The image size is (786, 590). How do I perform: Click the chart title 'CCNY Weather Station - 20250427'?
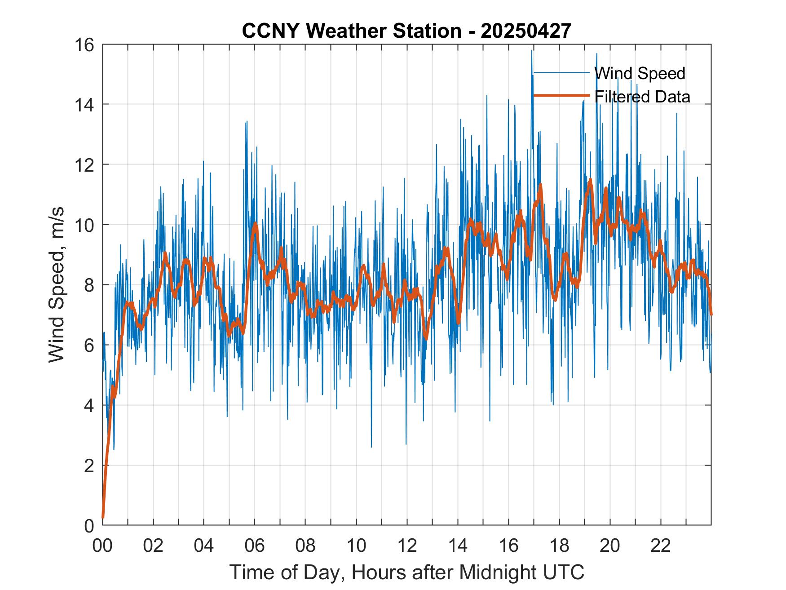[x=406, y=31]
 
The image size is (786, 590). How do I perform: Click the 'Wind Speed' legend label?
[x=640, y=73]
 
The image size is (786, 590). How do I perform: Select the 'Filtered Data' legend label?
[x=642, y=97]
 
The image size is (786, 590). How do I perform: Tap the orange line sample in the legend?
[x=561, y=95]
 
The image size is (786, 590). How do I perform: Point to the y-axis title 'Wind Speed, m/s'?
[x=57, y=284]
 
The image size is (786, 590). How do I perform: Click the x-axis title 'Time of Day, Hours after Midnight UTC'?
[x=407, y=572]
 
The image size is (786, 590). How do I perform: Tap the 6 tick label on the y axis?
[x=89, y=345]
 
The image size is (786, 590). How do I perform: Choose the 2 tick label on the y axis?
[x=89, y=466]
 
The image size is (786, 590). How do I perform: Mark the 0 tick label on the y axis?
[x=89, y=525]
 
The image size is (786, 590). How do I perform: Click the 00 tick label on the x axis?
[x=102, y=546]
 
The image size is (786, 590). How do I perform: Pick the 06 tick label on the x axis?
[x=255, y=546]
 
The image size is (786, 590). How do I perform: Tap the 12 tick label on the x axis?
[x=407, y=546]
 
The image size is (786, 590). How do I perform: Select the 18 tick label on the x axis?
[x=559, y=546]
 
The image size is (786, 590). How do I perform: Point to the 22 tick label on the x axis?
[x=661, y=546]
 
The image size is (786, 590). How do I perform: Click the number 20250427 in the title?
[x=526, y=31]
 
